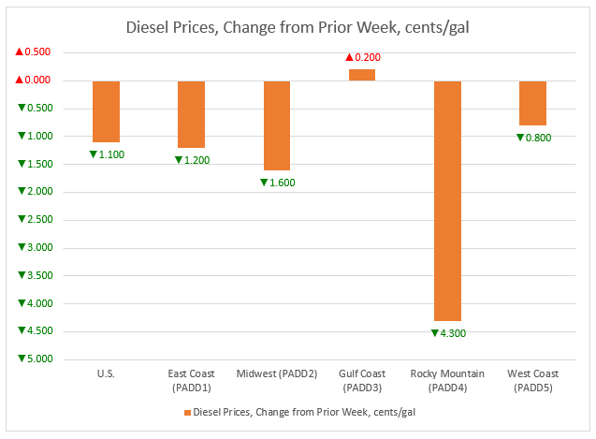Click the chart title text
[x=298, y=27]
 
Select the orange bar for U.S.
[x=106, y=111]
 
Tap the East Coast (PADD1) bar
[x=192, y=114]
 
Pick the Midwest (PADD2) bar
[x=277, y=125]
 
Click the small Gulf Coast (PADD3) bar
[x=362, y=75]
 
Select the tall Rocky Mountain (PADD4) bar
[x=447, y=201]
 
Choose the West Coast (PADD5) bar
[x=532, y=103]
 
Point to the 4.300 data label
[x=447, y=332]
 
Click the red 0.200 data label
[x=362, y=58]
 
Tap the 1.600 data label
[x=277, y=183]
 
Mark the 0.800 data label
[x=533, y=138]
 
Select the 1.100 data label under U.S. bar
[x=107, y=154]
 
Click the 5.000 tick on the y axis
[x=35, y=359]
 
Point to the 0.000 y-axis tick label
[x=35, y=80]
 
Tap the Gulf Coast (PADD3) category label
[x=362, y=380]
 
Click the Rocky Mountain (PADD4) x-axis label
[x=447, y=380]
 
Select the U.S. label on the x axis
[x=106, y=374]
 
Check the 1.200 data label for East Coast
[x=192, y=159]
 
